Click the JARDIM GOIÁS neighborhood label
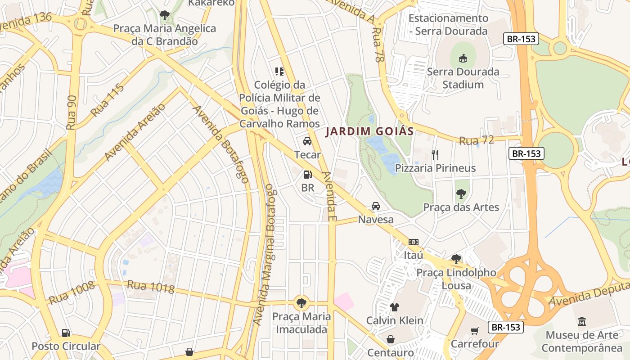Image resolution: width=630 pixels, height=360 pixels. [x=369, y=131]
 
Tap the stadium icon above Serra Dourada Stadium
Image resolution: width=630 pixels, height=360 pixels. [x=463, y=58]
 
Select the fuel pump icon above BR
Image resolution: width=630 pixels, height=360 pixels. [x=308, y=175]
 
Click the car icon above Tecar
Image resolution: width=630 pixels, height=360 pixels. [x=307, y=141]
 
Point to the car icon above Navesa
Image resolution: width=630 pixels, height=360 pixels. [x=375, y=206]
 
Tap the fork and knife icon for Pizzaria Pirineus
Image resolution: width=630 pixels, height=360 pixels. [x=435, y=155]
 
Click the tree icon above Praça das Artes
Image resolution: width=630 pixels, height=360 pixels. [x=461, y=194]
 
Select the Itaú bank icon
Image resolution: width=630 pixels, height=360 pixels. [x=413, y=242]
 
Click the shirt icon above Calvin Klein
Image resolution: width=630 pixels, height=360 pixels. [x=394, y=307]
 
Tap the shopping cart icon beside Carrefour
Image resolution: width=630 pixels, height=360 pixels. [x=475, y=331]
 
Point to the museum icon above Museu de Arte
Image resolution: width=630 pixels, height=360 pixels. [x=582, y=322]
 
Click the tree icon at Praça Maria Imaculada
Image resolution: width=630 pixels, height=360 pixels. [x=301, y=303]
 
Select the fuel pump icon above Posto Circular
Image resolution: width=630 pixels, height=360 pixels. [x=66, y=333]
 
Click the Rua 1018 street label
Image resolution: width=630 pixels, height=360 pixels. [x=150, y=287]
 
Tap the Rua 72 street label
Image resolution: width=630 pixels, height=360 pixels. [x=476, y=140]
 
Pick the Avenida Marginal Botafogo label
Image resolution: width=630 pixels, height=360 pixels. [x=270, y=254]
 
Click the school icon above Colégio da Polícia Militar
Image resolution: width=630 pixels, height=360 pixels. [x=279, y=71]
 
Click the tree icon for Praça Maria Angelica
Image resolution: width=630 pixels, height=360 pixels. [x=164, y=15]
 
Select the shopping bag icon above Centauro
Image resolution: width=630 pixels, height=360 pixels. [x=390, y=339]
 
